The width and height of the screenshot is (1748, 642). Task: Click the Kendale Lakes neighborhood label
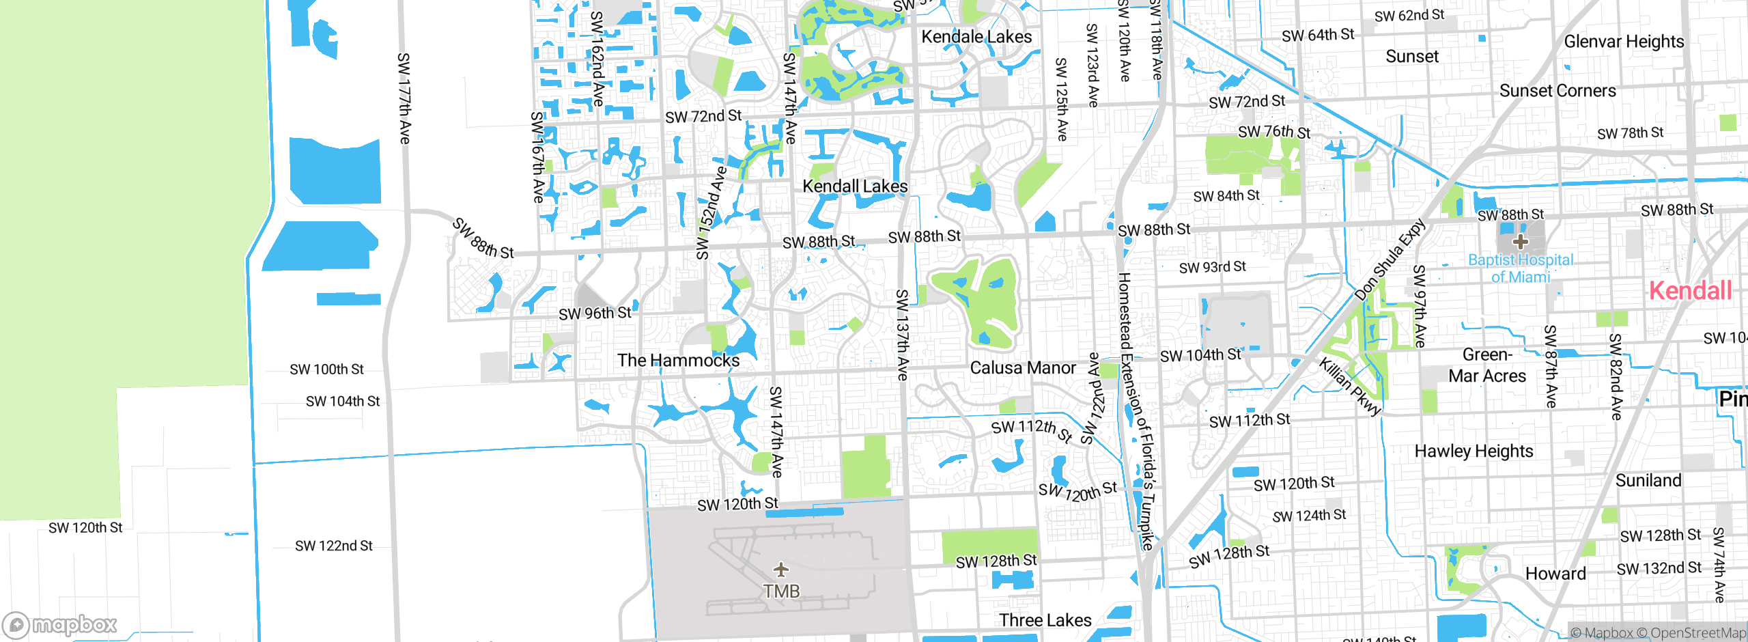click(x=976, y=37)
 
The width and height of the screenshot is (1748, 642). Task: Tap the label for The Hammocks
click(x=678, y=361)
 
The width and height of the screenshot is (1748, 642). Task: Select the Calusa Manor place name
click(x=1023, y=368)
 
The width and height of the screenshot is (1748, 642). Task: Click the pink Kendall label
click(x=1690, y=291)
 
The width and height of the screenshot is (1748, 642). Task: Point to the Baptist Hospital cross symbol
click(x=1521, y=242)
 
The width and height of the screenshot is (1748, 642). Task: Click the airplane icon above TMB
click(x=781, y=570)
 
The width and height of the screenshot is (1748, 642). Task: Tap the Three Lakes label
click(x=1045, y=620)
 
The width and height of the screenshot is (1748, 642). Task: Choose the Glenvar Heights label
click(x=1624, y=42)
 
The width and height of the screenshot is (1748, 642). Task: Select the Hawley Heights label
click(x=1474, y=451)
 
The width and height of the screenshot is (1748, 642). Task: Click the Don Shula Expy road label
click(x=1390, y=260)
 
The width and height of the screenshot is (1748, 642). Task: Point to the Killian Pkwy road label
click(x=1351, y=386)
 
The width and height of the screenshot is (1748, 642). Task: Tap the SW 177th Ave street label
click(x=404, y=98)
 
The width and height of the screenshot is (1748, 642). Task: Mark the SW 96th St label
click(x=595, y=313)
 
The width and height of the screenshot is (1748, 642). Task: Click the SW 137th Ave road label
click(x=902, y=335)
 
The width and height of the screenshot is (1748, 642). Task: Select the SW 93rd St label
click(x=1212, y=267)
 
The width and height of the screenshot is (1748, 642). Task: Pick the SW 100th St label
click(x=326, y=369)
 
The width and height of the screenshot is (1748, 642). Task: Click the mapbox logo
click(x=60, y=625)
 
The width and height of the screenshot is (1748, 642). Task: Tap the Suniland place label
click(x=1648, y=481)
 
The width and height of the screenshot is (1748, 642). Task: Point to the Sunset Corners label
click(x=1557, y=91)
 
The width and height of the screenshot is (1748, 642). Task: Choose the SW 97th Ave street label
click(x=1420, y=306)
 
